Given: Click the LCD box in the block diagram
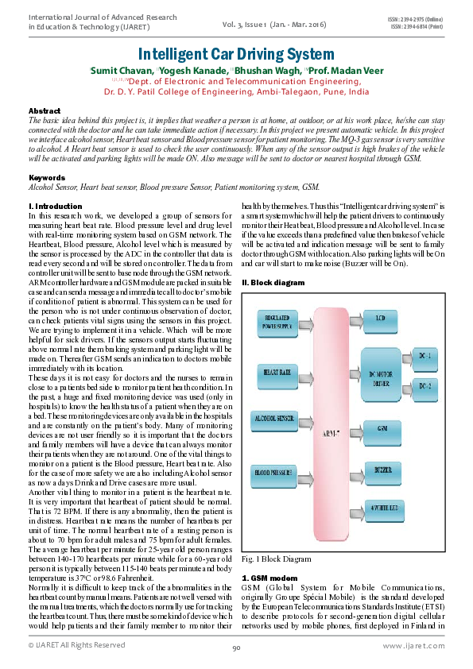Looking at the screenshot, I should (x=382, y=319).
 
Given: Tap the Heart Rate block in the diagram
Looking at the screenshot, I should (x=274, y=371).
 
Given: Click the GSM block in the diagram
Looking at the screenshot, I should (x=382, y=427).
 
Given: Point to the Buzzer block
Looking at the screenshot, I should (x=382, y=470).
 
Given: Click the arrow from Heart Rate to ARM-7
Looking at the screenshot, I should (x=304, y=371).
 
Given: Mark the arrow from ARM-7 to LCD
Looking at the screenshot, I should (x=355, y=319).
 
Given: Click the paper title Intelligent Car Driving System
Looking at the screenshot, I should (x=236, y=54).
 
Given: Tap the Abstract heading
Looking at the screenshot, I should (x=45, y=110).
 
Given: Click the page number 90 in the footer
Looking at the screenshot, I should (x=236, y=648).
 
